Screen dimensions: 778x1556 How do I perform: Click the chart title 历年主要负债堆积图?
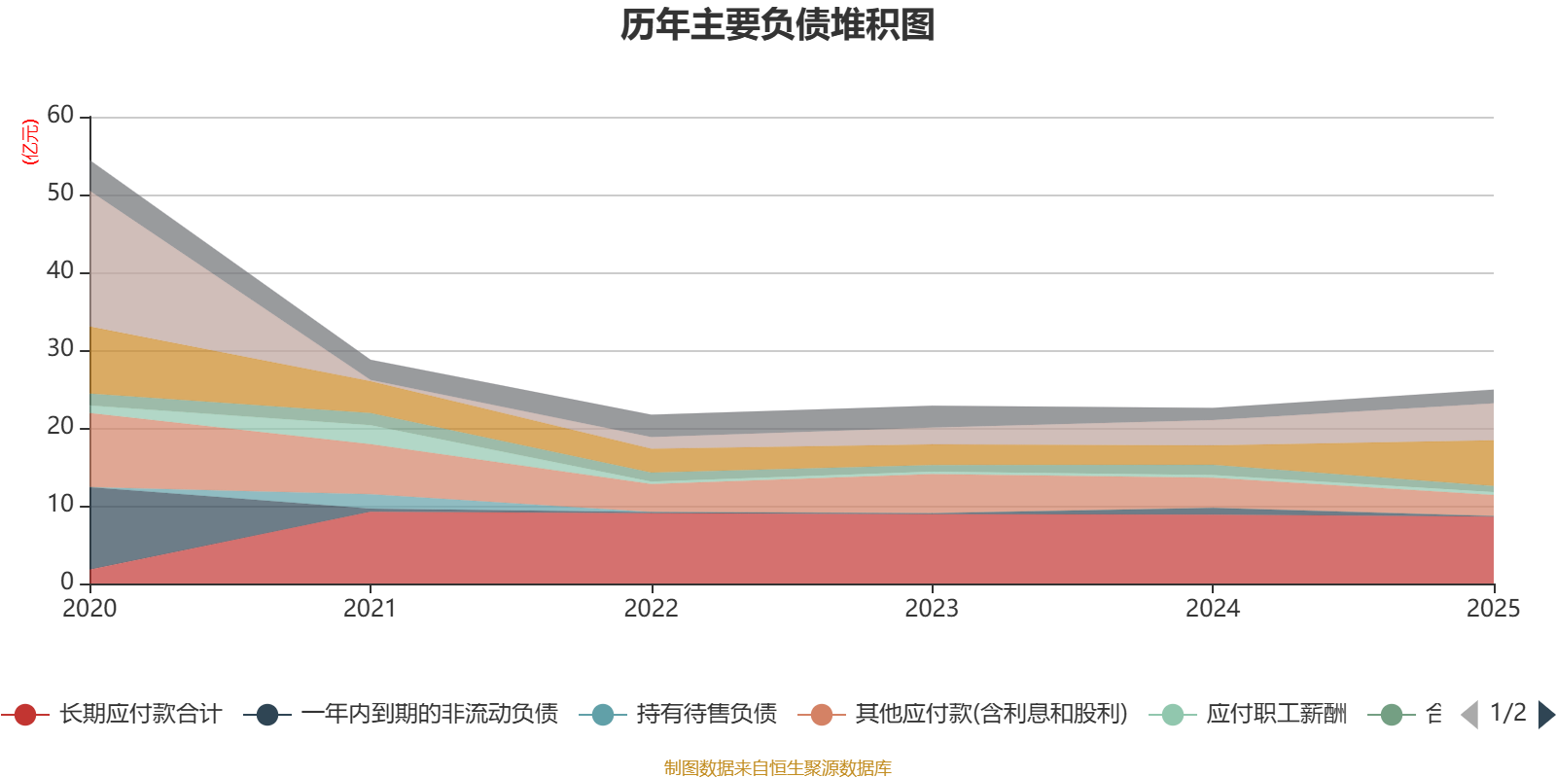point(778,25)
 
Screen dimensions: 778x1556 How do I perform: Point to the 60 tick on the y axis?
point(60,116)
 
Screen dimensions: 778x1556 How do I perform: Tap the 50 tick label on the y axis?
point(60,194)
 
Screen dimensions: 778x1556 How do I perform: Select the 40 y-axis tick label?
point(60,271)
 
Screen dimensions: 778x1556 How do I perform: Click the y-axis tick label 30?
point(60,349)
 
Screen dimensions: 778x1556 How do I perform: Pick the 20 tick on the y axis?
point(60,427)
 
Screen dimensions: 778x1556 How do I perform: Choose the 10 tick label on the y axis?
point(60,505)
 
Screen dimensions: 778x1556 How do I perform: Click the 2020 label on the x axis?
point(89,609)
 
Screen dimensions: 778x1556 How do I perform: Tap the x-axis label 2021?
point(370,609)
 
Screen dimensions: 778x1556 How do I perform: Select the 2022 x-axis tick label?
point(651,609)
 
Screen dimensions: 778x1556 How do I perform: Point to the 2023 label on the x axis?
point(932,609)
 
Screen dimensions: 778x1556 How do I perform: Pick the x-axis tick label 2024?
point(1212,609)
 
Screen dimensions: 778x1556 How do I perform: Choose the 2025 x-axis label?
point(1493,609)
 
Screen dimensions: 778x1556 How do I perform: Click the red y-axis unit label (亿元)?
point(31,142)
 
